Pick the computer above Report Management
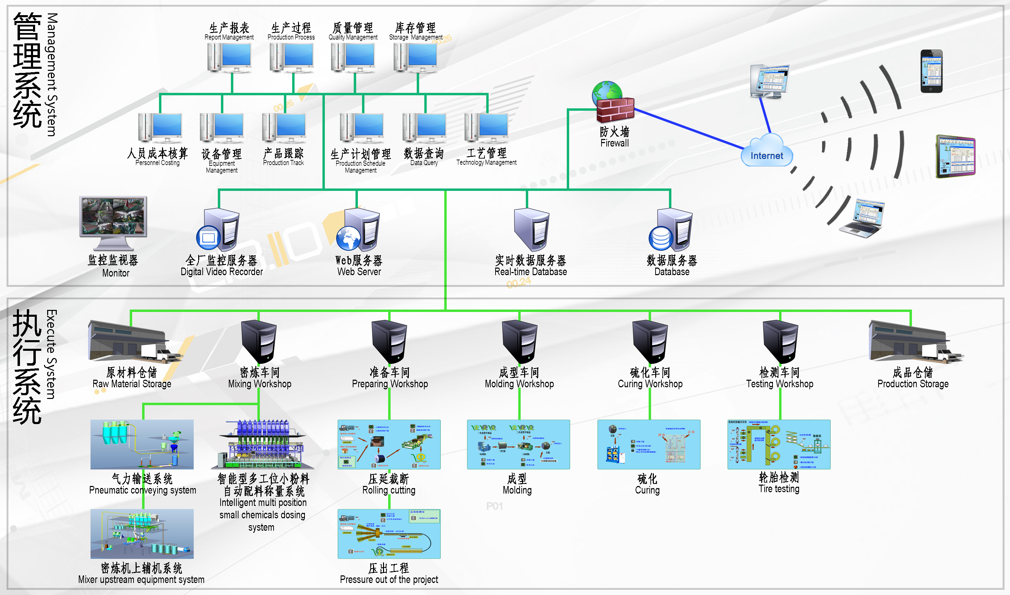click(x=230, y=57)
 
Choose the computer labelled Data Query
click(x=424, y=128)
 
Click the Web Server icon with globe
click(x=358, y=230)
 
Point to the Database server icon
click(x=671, y=230)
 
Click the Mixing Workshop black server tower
click(x=259, y=342)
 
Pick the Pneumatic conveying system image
click(x=142, y=444)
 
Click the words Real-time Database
click(x=530, y=272)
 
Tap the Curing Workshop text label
click(x=650, y=384)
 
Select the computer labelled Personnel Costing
click(x=160, y=128)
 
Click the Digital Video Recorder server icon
click(x=219, y=230)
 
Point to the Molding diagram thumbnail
click(x=518, y=444)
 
